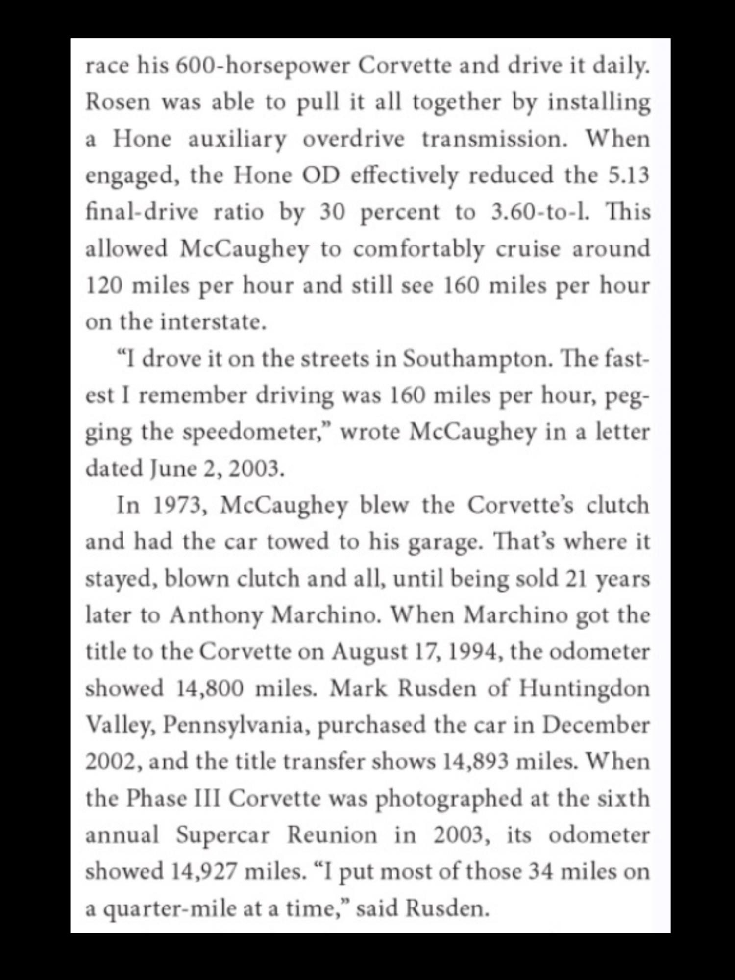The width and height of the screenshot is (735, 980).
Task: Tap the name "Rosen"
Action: [118, 102]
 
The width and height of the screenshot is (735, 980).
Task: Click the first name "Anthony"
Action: [216, 615]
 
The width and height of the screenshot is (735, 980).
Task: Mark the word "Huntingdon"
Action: [584, 689]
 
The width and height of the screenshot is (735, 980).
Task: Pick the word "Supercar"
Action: [223, 835]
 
